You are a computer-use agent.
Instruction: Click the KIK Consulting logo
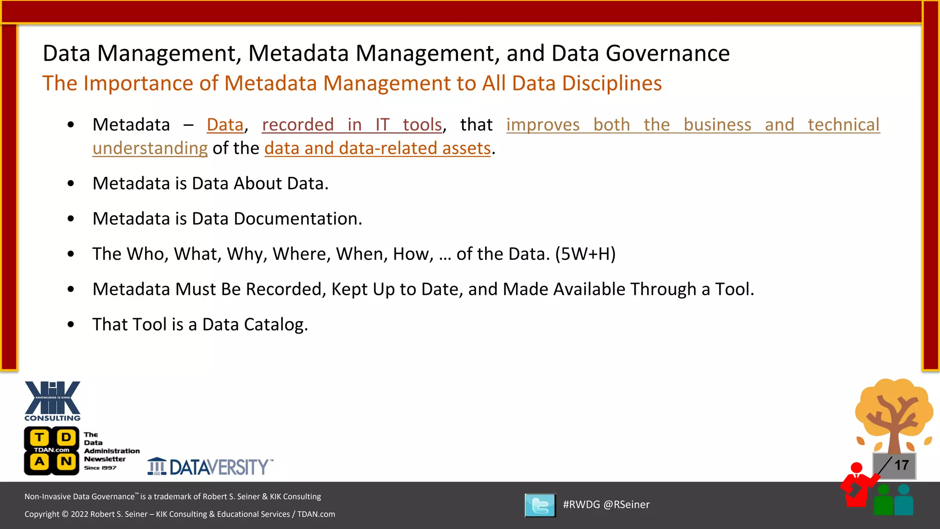(x=52, y=400)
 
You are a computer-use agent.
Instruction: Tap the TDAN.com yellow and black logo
(x=52, y=450)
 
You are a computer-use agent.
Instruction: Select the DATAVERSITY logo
(x=210, y=467)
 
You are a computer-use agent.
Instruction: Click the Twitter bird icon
(x=540, y=505)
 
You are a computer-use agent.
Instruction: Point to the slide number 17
(x=901, y=465)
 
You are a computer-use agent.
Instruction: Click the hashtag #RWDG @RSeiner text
(x=606, y=505)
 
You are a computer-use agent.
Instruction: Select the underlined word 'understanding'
(x=150, y=148)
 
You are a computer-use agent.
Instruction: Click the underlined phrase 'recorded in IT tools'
(x=352, y=125)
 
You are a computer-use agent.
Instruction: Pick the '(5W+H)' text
(x=585, y=254)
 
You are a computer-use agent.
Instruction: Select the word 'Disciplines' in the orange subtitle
(x=612, y=84)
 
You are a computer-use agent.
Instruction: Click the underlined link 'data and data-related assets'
(x=377, y=148)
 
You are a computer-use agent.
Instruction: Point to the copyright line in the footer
(x=179, y=514)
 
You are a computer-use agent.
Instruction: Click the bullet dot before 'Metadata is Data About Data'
(x=71, y=184)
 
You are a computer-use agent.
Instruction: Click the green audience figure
(x=883, y=500)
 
